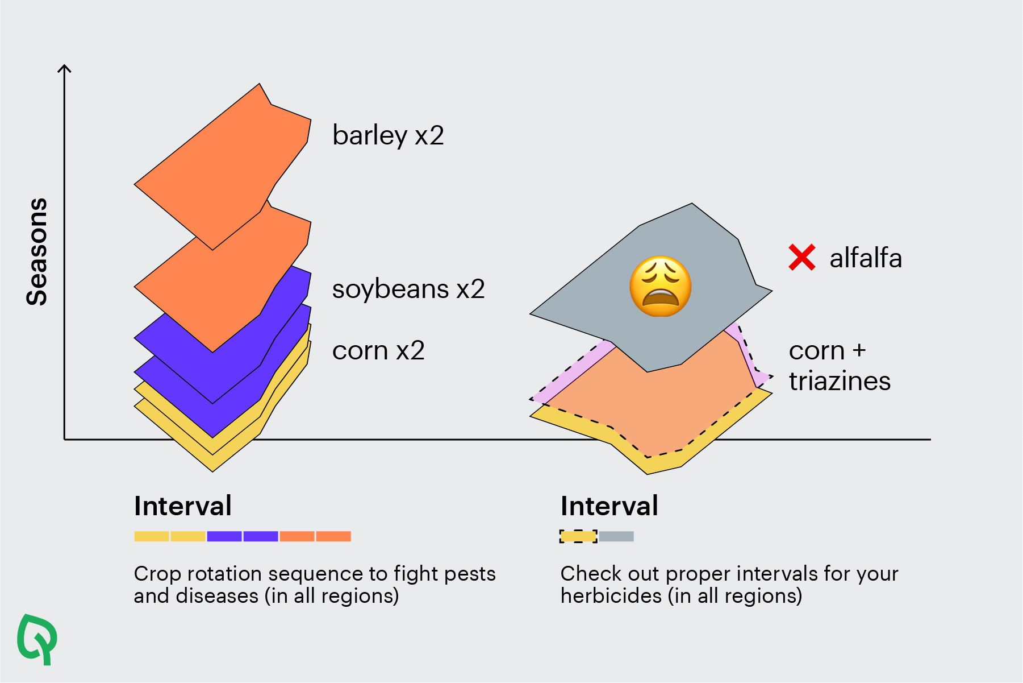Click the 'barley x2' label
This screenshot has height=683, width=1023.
coord(388,136)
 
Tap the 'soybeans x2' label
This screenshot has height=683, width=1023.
coord(408,289)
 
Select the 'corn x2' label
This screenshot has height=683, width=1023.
coord(378,350)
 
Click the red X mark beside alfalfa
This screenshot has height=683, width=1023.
coord(802,257)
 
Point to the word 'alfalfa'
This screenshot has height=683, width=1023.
coord(866,258)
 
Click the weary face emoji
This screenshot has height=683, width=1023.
coord(661,286)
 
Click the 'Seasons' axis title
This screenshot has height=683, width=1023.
coord(37,251)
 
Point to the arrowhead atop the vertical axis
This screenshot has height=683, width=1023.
coord(65,69)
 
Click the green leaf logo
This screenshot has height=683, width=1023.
coord(37,638)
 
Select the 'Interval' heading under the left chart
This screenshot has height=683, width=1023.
coord(183,506)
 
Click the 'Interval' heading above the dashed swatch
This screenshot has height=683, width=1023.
coord(609,506)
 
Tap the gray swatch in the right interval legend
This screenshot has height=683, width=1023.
coord(616,536)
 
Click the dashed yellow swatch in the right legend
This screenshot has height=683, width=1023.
coord(578,536)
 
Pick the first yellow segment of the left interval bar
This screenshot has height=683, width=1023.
coord(152,536)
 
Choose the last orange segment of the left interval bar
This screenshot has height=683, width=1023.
coord(333,536)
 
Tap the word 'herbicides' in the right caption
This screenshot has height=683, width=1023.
coord(611,596)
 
